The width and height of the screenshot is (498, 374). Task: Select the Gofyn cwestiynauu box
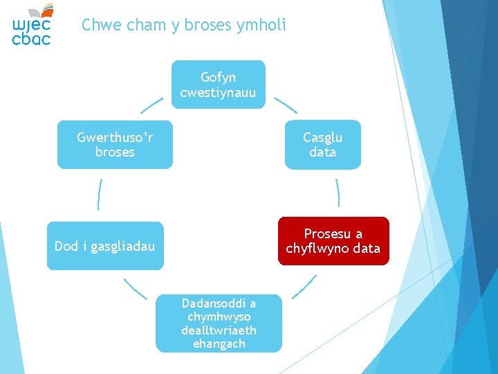[x=218, y=84]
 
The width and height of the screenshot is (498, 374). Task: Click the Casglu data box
[x=322, y=145]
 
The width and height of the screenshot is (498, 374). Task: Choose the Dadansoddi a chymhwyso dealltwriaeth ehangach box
[x=219, y=323]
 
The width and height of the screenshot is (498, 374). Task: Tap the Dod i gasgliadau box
[x=105, y=246]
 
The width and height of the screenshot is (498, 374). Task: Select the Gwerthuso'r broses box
[x=115, y=145]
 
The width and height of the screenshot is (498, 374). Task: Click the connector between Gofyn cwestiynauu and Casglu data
[x=286, y=105]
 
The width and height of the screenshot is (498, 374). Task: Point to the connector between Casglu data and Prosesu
[x=338, y=193]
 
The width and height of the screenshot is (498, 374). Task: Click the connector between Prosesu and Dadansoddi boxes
[x=304, y=287]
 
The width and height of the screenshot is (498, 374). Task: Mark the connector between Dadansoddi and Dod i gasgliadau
[x=135, y=288]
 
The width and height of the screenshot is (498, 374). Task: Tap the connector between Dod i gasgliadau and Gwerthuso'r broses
[x=100, y=195]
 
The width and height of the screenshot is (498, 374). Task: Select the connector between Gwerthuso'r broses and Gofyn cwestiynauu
[x=152, y=105]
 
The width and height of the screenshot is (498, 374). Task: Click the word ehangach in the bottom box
[x=219, y=344]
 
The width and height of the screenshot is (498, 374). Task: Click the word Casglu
[x=322, y=137]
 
